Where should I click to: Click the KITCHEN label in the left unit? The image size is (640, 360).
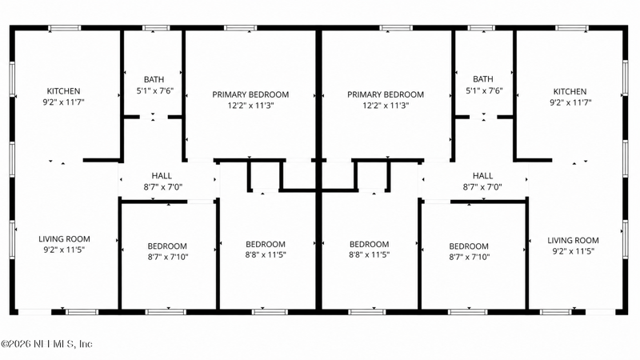(x=63, y=91)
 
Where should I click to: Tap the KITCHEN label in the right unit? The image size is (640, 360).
(x=570, y=91)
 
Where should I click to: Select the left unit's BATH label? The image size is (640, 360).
(x=154, y=79)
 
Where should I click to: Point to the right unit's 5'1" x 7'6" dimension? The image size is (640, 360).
(x=484, y=90)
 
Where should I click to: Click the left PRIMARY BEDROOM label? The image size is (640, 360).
(x=250, y=94)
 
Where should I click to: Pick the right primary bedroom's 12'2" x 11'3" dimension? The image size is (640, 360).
(x=386, y=106)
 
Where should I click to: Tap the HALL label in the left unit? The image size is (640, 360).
(x=162, y=175)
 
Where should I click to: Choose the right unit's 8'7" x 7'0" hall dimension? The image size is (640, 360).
(x=482, y=187)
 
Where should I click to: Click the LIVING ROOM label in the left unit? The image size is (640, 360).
(x=65, y=238)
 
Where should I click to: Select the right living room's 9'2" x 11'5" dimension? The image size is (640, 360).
(x=573, y=251)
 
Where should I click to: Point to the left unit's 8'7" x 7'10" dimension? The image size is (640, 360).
(x=168, y=257)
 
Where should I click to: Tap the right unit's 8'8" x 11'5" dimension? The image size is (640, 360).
(x=370, y=254)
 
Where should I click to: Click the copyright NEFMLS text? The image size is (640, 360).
(x=46, y=344)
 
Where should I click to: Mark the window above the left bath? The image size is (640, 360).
(x=156, y=28)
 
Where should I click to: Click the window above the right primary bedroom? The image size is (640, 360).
(x=396, y=28)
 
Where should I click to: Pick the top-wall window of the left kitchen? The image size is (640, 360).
(x=65, y=28)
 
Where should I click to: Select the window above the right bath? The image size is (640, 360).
(x=482, y=28)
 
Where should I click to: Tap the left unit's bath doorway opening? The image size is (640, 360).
(x=154, y=117)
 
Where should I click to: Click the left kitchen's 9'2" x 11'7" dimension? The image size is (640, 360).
(x=64, y=102)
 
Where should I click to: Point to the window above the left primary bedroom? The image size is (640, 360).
(x=241, y=28)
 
